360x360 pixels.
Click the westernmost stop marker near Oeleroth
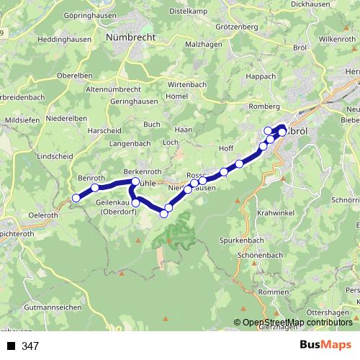(76, 198)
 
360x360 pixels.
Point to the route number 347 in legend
(30, 346)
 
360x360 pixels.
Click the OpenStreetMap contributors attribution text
(297, 323)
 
